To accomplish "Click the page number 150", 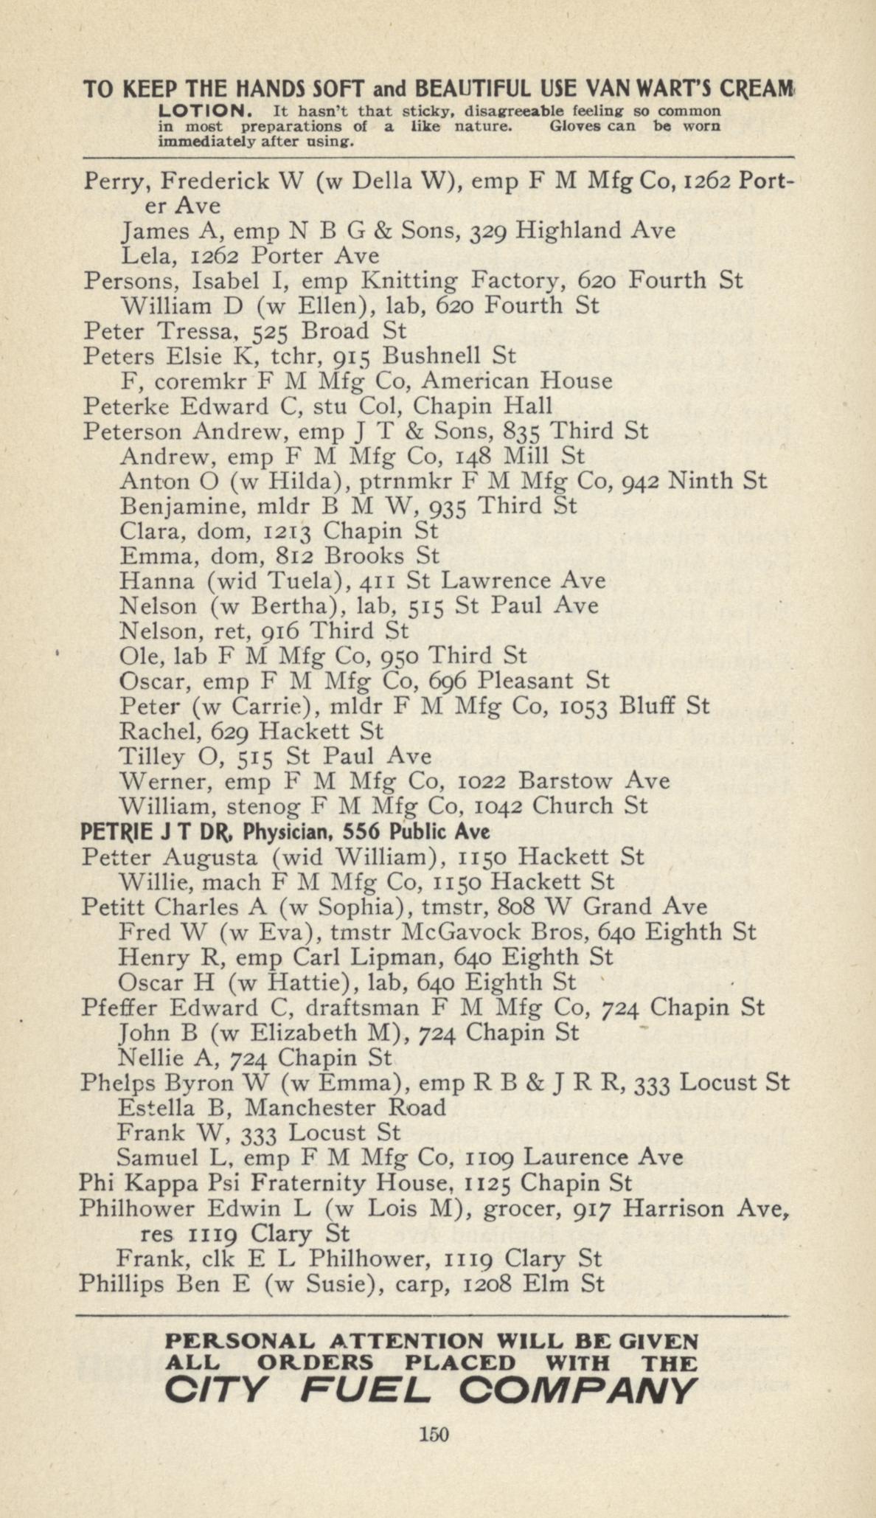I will click(x=434, y=1434).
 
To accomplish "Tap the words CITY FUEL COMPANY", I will click(x=430, y=1391).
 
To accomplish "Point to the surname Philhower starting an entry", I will click(x=136, y=1208).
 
